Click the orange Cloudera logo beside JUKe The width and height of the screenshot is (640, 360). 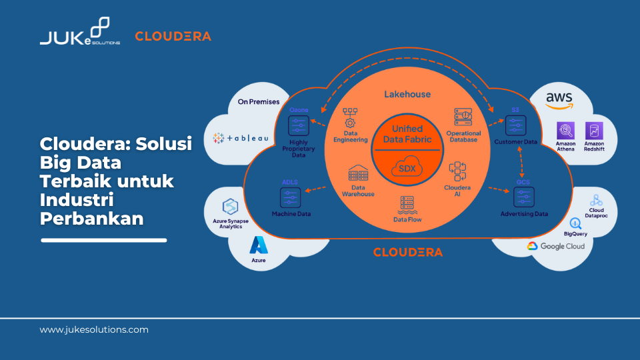point(173,36)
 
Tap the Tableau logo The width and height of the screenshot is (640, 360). point(241,138)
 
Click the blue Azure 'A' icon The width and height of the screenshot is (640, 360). point(258,245)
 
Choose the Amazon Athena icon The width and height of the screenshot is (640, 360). point(565,131)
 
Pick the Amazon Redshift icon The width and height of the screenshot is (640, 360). point(593,131)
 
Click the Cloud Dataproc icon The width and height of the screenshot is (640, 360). point(596,199)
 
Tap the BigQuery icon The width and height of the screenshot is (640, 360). point(575,223)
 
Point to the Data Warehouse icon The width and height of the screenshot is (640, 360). point(359,175)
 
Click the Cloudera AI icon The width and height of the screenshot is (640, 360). point(457,171)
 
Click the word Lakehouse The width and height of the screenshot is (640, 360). point(407,94)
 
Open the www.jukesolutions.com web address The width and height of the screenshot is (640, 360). point(94,329)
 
